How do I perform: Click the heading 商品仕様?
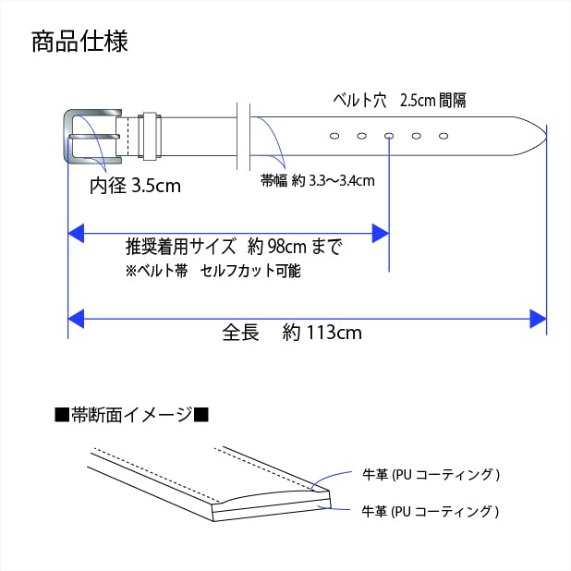pos(79,42)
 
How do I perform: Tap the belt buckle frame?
pos(67,136)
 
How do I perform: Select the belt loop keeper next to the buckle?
pos(150,136)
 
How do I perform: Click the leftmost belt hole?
pos(334,136)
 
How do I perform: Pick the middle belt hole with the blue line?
pos(389,136)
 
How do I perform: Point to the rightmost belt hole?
pos(443,136)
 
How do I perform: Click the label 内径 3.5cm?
pos(135,186)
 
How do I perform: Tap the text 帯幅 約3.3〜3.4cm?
pos(318,180)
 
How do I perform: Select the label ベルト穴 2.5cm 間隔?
pos(399,100)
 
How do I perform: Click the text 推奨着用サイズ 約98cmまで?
pos(234,247)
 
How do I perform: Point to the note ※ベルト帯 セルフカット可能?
pos(213,271)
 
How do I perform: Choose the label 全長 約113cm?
pos(292,332)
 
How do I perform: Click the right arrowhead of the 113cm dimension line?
pos(539,319)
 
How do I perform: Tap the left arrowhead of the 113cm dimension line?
pos(76,319)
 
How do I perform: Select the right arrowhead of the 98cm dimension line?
pos(381,234)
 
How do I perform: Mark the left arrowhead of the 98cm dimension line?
pos(76,234)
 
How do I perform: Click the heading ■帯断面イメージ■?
pos(131,415)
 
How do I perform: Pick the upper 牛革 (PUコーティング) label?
pos(431,475)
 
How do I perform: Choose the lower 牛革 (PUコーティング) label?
pos(430,511)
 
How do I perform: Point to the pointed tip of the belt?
pos(545,136)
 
